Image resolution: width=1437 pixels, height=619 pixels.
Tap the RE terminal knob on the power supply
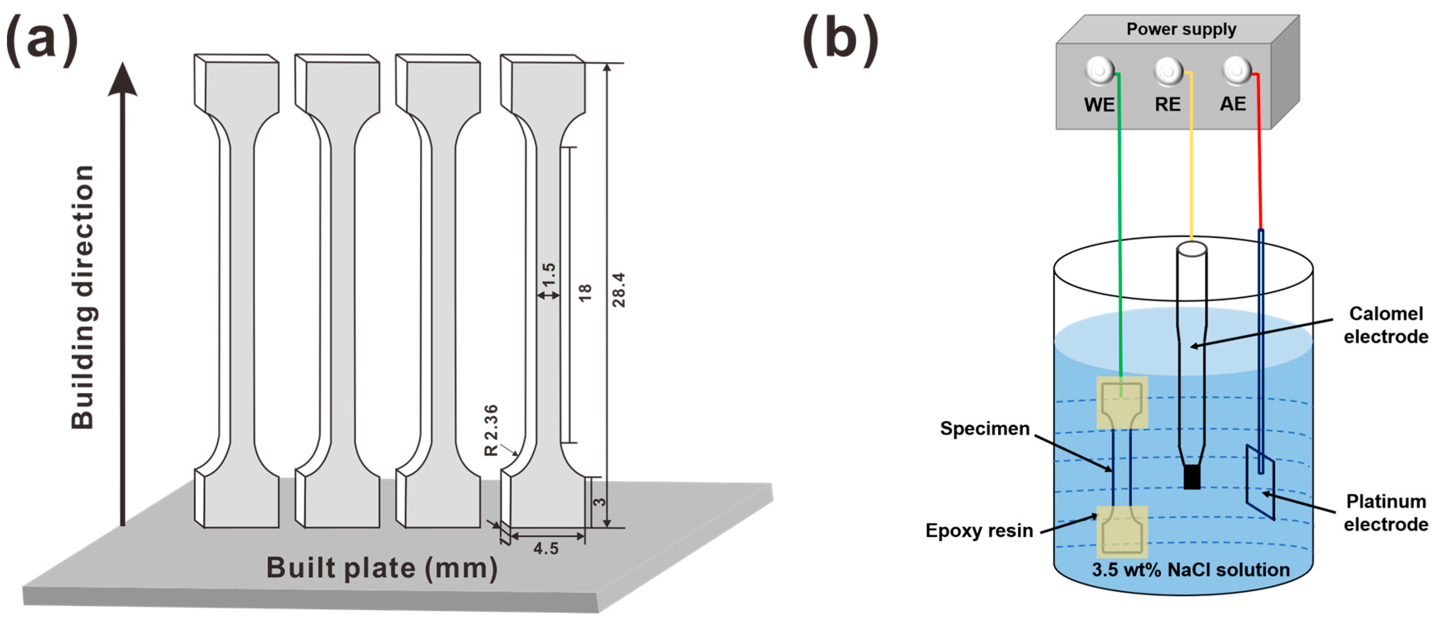[x=1168, y=71]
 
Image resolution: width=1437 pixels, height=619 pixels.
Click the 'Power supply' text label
[x=1181, y=29]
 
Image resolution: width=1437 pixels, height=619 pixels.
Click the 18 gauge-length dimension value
[x=584, y=293]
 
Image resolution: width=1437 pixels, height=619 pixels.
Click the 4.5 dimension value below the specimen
[x=545, y=549]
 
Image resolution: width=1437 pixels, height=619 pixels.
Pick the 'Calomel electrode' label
[x=1386, y=325]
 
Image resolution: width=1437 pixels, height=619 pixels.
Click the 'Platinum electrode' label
[x=1386, y=513]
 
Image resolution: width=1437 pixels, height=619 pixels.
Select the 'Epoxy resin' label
[x=979, y=530]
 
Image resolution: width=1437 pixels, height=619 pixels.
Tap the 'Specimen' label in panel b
[x=985, y=428]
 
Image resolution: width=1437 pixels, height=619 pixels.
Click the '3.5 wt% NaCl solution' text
[x=1190, y=570]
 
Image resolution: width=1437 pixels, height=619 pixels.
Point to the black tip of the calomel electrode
[x=1192, y=478]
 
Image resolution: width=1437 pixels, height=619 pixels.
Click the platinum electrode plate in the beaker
[x=1260, y=482]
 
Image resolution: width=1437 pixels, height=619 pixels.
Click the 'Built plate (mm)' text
[x=382, y=568]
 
